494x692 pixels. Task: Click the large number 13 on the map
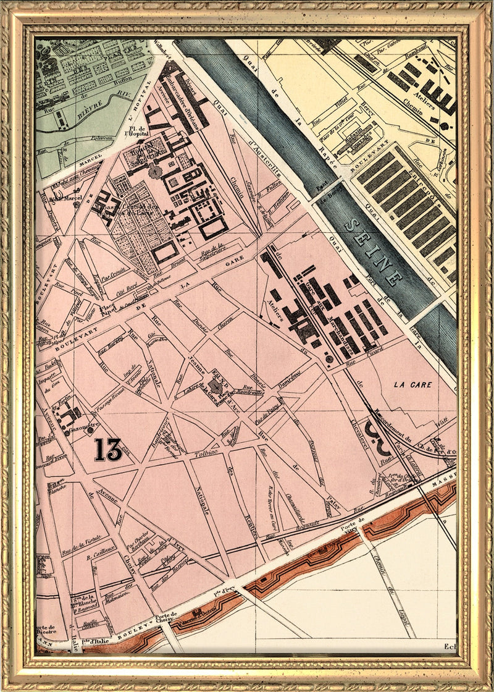point(108,449)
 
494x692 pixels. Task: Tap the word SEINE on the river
point(373,250)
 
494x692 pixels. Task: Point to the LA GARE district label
point(413,384)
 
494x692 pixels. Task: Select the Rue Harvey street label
point(111,350)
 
